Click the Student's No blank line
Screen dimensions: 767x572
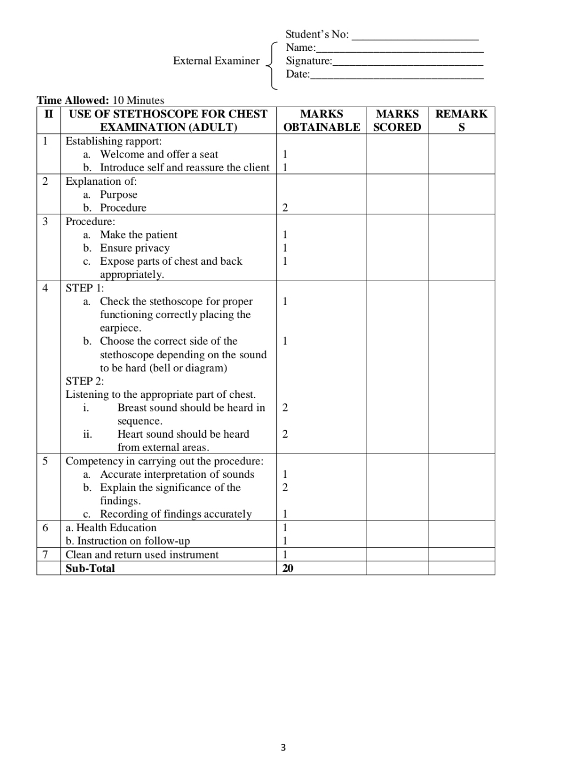(415, 37)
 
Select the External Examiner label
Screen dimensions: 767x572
(216, 61)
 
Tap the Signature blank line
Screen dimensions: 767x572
(407, 63)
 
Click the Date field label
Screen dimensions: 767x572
(297, 74)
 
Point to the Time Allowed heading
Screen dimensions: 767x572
(73, 100)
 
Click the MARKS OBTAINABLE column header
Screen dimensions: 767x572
(321, 120)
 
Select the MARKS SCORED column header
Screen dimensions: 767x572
(397, 120)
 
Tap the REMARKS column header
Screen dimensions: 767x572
(461, 120)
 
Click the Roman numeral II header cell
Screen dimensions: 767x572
(49, 114)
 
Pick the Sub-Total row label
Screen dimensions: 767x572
(90, 568)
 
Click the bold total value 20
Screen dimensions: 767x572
(288, 568)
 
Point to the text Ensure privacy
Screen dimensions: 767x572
(134, 248)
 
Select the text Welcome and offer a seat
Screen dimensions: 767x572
(159, 154)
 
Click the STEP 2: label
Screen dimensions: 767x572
(85, 381)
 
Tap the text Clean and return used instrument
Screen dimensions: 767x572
(142, 554)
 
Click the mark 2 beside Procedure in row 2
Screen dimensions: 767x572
(285, 207)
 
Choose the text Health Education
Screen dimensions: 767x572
(116, 527)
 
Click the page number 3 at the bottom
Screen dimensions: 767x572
(283, 747)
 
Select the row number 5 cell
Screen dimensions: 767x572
(45, 461)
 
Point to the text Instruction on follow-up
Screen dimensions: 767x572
(133, 541)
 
